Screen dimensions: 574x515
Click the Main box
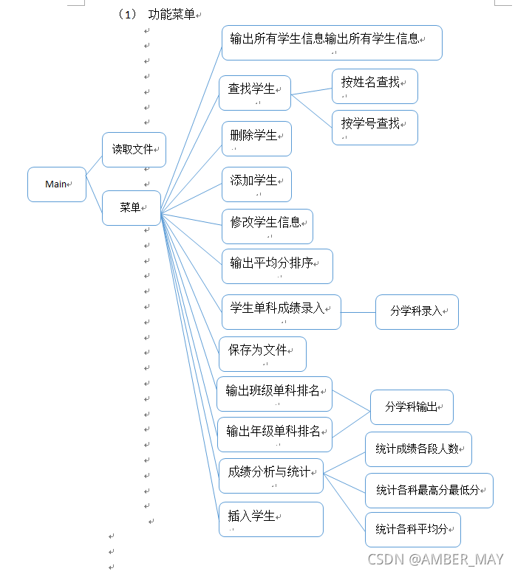[57, 184]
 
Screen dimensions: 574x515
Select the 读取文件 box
[134, 150]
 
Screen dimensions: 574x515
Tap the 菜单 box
[131, 208]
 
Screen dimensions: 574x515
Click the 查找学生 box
[255, 93]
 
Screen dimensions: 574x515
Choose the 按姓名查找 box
[375, 86]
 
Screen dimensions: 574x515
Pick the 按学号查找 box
[375, 127]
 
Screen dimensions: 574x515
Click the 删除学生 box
[256, 139]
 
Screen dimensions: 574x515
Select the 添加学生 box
[256, 184]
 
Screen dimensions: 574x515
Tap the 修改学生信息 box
[267, 226]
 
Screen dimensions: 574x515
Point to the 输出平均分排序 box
[277, 266]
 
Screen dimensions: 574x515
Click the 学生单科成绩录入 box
[281, 311]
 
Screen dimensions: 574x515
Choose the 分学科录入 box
[417, 311]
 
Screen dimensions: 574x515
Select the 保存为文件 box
[262, 354]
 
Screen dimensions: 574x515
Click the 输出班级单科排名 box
[274, 394]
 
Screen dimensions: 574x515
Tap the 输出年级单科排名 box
[274, 435]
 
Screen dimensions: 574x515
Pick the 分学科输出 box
[412, 407]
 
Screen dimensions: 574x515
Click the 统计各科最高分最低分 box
[429, 491]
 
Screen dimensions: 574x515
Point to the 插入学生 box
[270, 519]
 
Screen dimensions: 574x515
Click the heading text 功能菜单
[171, 15]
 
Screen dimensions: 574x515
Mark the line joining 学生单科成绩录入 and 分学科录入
[358, 312]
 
